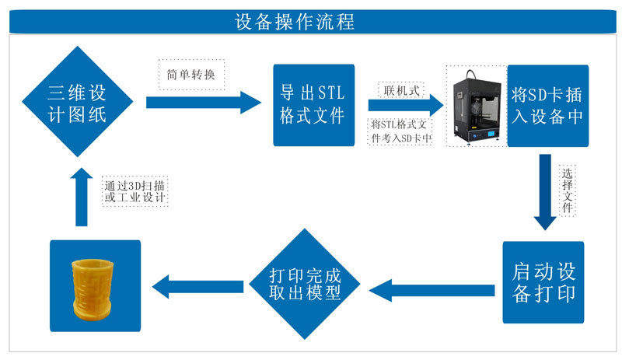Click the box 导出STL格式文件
(x=313, y=105)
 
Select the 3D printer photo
(x=475, y=104)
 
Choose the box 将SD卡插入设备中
(x=546, y=105)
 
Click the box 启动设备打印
(x=543, y=282)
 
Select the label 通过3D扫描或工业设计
(x=136, y=190)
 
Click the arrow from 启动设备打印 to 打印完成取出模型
(x=432, y=291)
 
